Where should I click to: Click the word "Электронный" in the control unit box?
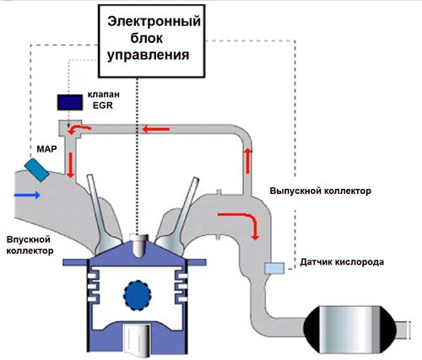pos(153,22)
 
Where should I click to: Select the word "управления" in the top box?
pos(153,54)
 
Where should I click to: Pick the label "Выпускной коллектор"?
pos(320,191)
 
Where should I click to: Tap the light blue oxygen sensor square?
pos(273,268)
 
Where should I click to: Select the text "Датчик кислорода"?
pos(342,262)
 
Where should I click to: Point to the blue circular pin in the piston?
pos(137,294)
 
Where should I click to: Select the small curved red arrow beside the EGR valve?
pos(82,129)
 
